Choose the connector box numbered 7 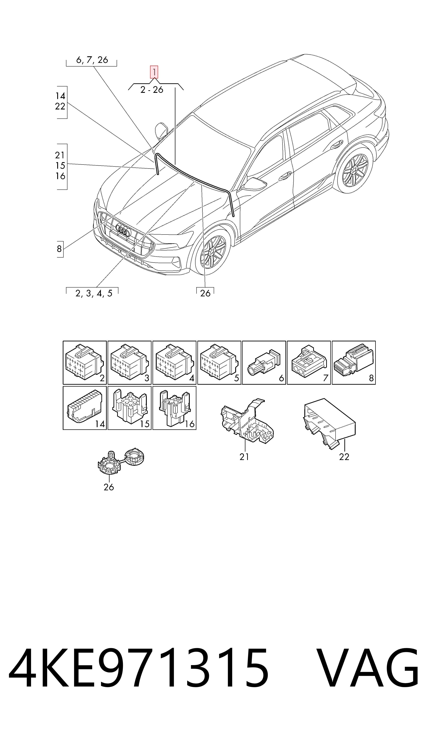(309, 363)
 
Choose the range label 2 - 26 (152, 90)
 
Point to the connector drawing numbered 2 (85, 363)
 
